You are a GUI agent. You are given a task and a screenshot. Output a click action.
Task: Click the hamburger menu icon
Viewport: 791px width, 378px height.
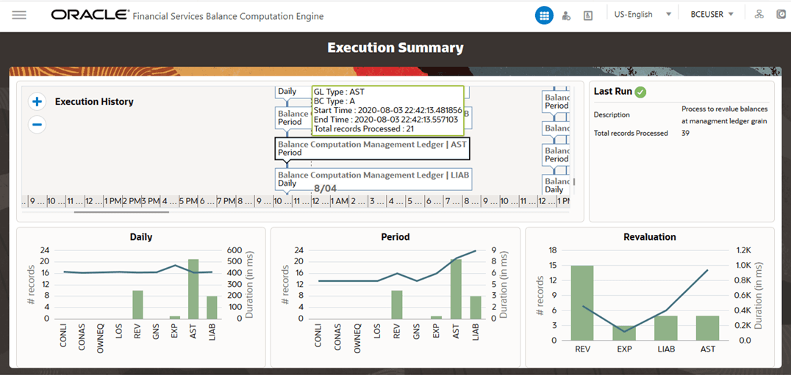coord(19,15)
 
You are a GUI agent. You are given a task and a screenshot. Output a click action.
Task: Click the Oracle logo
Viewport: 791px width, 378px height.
coord(90,15)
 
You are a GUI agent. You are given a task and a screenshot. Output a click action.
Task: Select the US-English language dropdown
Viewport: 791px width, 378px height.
coord(643,15)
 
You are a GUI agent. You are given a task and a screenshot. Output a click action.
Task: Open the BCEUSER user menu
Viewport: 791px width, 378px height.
coord(712,15)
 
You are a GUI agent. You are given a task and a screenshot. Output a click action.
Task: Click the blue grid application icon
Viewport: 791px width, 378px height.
coord(544,15)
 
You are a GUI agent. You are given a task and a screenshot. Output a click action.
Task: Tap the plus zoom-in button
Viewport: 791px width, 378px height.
coord(37,102)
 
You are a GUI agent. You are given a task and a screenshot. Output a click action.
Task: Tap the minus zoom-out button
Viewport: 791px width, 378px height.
coord(37,125)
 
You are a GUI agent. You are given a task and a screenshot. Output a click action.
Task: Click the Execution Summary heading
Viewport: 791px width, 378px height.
coord(395,48)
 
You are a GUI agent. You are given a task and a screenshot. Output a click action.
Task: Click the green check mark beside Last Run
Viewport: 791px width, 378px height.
coord(641,92)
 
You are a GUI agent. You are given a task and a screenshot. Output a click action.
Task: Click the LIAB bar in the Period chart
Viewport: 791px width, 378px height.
coord(474,307)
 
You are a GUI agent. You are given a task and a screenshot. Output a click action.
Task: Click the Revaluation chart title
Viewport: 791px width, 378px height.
coord(649,237)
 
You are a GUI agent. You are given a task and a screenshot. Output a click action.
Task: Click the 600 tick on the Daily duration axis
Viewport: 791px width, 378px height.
coord(234,250)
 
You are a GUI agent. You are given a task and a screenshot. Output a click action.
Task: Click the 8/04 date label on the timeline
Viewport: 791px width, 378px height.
coord(325,189)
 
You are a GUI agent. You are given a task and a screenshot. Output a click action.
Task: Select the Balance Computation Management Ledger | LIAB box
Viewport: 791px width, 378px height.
coord(373,178)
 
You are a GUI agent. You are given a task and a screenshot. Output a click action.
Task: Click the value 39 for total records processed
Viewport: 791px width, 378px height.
coord(685,134)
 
